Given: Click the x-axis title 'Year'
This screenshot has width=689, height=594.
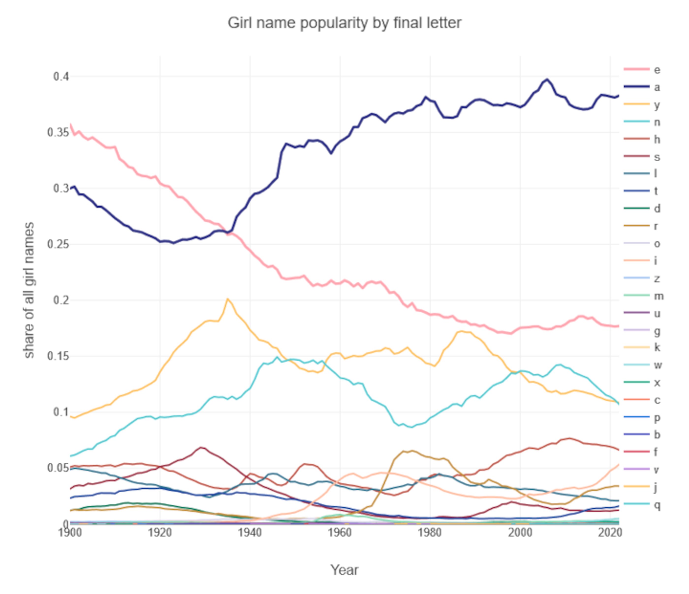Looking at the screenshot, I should [344, 570].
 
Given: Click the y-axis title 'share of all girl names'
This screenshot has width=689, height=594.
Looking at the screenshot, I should [29, 290].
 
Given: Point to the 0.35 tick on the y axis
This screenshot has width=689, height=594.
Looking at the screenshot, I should [58, 133].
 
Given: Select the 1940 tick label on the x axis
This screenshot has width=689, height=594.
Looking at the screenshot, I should [250, 533].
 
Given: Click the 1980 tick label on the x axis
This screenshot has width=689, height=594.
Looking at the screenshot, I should [430, 533].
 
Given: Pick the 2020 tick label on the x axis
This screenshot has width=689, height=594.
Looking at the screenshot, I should [610, 533].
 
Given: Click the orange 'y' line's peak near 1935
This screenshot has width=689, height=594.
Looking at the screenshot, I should [227, 299].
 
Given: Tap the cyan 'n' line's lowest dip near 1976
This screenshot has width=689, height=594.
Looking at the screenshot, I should [412, 427].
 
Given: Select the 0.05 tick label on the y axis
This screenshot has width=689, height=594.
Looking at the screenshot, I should [58, 468].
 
